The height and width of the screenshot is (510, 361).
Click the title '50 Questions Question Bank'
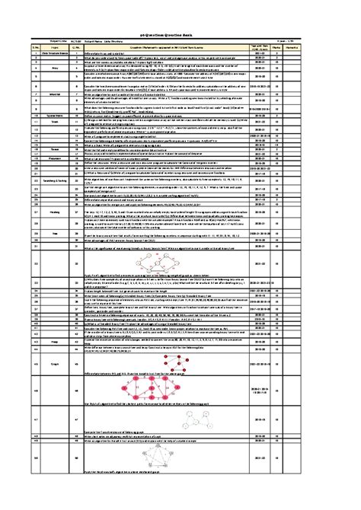180,36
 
